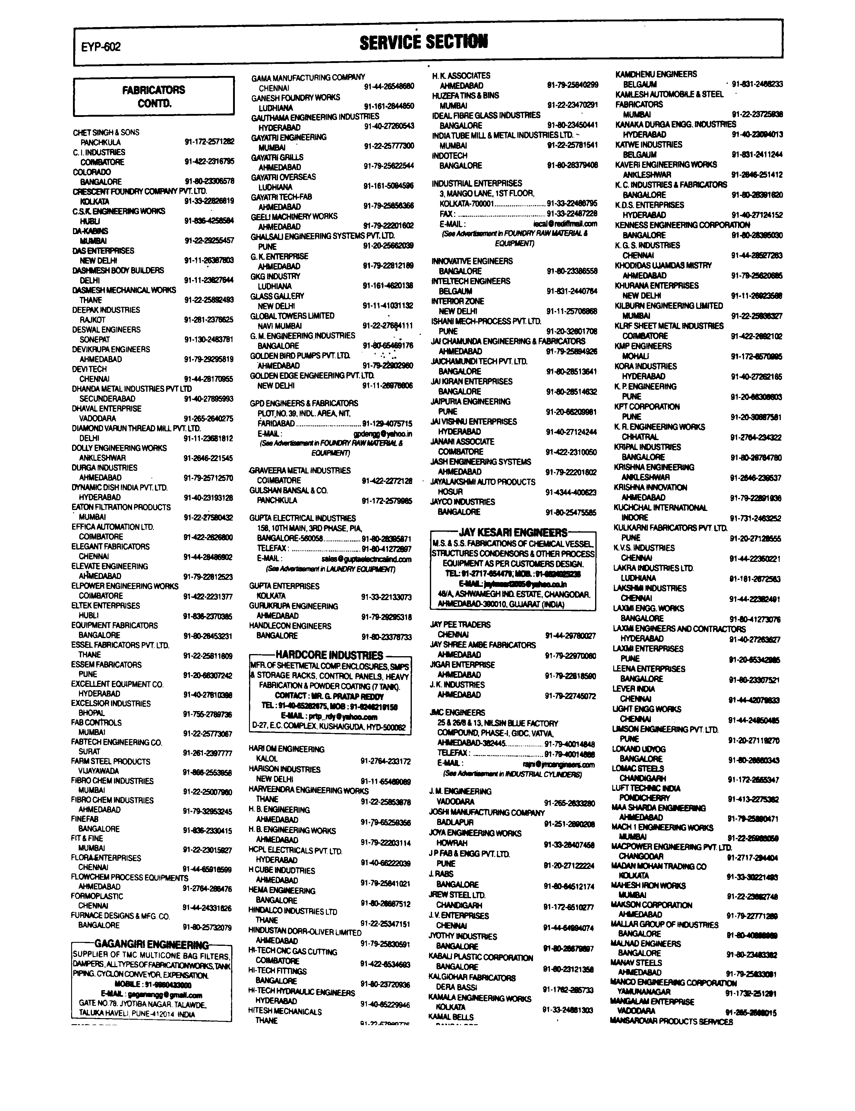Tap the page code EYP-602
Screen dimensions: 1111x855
pos(101,47)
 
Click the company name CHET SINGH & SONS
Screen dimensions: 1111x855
pos(106,132)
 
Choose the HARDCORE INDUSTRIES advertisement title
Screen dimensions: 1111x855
pos(329,655)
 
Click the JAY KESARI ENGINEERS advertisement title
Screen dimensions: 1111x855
pos(513,533)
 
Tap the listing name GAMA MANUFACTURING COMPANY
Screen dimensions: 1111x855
pos(308,78)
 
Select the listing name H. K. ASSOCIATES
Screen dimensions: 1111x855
pos(461,76)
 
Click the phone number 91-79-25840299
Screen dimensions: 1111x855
pos(573,86)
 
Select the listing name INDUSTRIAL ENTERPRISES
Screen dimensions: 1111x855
pos(477,183)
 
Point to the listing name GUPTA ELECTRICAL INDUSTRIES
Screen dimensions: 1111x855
pos(302,518)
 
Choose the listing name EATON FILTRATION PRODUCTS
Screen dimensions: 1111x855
pos(121,507)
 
